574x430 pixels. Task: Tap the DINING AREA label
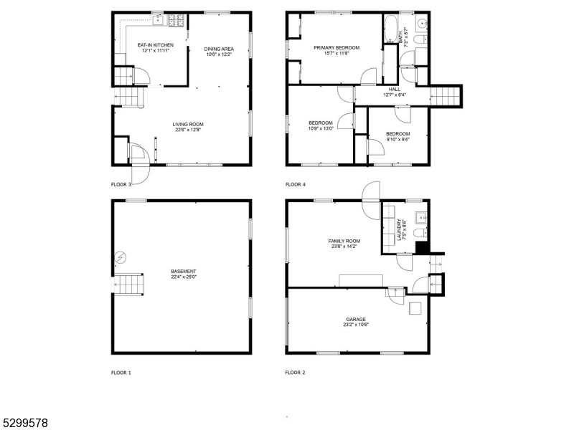(219, 49)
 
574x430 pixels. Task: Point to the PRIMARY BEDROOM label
(337, 48)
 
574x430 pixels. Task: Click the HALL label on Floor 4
(395, 89)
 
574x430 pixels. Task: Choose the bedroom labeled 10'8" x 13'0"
(321, 123)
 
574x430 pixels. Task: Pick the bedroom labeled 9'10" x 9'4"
(397, 134)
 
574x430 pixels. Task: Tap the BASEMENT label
(184, 272)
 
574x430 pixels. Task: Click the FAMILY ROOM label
(344, 241)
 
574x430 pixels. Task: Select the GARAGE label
(357, 320)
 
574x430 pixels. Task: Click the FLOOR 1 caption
(121, 373)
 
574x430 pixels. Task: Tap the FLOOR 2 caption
(295, 373)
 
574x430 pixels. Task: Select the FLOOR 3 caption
(121, 184)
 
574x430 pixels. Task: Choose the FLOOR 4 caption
(295, 184)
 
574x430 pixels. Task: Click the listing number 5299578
(25, 423)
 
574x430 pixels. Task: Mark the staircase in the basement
(131, 285)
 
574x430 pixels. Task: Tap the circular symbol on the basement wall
(121, 257)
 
